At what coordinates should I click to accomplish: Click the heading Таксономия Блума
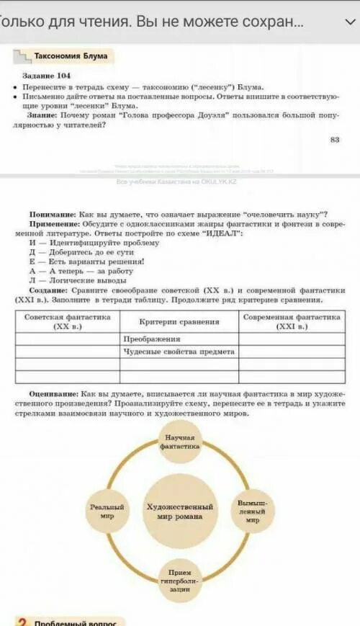71,55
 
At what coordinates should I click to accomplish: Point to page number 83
334,139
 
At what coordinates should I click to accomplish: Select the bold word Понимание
53,215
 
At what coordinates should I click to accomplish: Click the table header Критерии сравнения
179,321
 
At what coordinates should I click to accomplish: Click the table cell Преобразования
151,338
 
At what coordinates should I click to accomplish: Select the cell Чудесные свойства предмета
179,352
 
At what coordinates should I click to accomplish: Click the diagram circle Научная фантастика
181,442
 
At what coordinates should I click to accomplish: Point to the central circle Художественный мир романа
180,511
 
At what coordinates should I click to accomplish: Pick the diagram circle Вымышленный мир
252,510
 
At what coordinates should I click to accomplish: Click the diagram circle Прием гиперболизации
180,578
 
